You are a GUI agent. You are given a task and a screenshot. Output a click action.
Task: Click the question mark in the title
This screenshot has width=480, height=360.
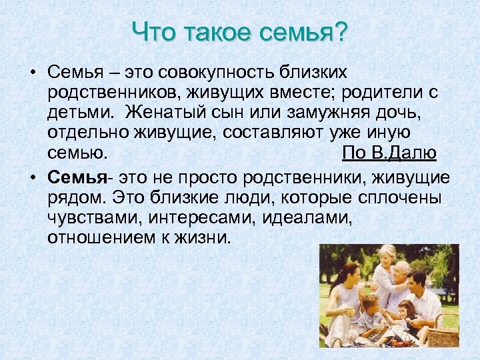point(341,31)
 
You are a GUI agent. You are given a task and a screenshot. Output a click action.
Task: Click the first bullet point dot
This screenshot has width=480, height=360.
point(32,71)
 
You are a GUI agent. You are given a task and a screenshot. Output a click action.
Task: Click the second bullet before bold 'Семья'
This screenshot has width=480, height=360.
point(32,178)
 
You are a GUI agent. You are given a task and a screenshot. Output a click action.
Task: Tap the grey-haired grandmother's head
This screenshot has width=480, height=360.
point(387,254)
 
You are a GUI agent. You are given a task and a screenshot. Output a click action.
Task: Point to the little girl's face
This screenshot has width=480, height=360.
point(405,311)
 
